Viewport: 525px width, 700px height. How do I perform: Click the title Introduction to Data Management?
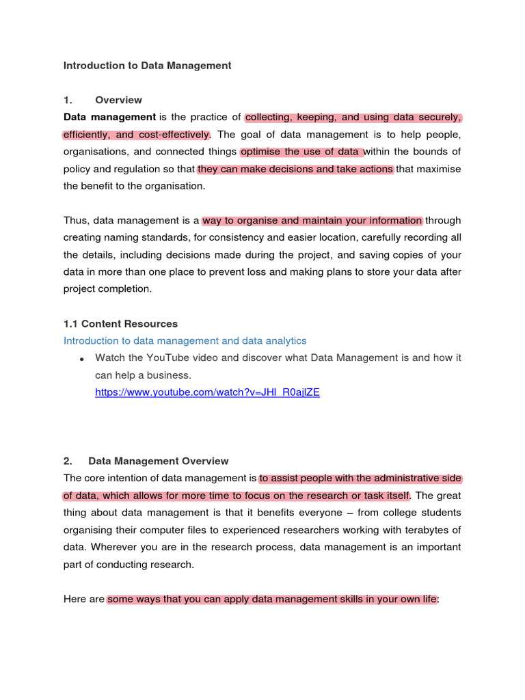pos(147,66)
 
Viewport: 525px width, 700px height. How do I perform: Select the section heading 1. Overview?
pos(103,100)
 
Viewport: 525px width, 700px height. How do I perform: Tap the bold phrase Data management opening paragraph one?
pos(109,117)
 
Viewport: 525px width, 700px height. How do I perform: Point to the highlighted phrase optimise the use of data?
pos(301,151)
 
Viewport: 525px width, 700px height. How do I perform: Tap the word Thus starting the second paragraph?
pos(76,220)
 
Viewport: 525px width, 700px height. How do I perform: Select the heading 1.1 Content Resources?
pos(120,323)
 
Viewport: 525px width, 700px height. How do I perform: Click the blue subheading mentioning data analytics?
pos(185,340)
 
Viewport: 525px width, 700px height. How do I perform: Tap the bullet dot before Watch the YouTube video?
pos(81,359)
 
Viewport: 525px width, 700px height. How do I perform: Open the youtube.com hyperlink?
pos(207,392)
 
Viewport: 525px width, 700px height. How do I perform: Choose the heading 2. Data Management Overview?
pos(146,461)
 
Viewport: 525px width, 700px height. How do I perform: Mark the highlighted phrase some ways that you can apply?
pos(178,599)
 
